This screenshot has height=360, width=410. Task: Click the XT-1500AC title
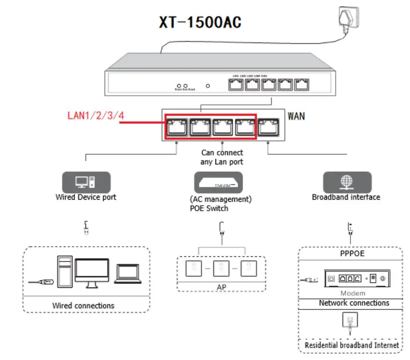[x=200, y=23]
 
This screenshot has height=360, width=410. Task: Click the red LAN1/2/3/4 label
[x=95, y=116]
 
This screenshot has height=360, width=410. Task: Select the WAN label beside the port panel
[x=296, y=116]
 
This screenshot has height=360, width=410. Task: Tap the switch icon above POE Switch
[x=218, y=182]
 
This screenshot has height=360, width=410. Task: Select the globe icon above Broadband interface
[x=347, y=182]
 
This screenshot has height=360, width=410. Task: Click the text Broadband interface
[x=346, y=197]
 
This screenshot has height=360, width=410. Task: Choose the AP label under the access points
[x=222, y=287]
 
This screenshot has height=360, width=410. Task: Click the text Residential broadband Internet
[x=351, y=345]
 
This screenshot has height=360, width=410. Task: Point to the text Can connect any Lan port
[x=222, y=158]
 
